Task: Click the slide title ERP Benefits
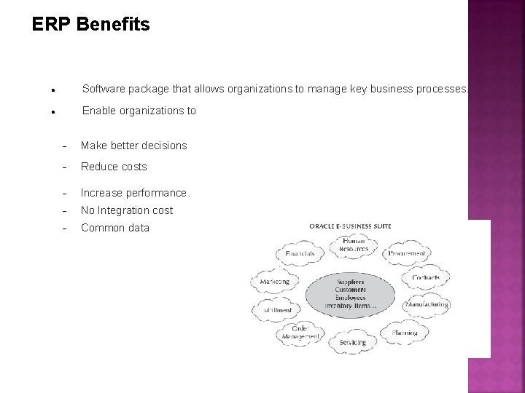[x=91, y=25]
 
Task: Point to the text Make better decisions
[x=134, y=146]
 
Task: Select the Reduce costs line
[x=114, y=167]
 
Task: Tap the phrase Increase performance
[x=136, y=193]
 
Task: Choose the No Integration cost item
[x=127, y=210]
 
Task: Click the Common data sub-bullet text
[x=115, y=228]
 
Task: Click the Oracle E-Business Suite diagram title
[x=351, y=226]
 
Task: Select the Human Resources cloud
[x=354, y=245]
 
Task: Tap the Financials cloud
[x=300, y=253]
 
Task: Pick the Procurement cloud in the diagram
[x=408, y=253]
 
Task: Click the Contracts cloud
[x=425, y=278]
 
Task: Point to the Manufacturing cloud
[x=426, y=305]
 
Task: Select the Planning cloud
[x=405, y=333]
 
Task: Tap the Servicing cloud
[x=352, y=342]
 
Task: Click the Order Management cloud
[x=300, y=333]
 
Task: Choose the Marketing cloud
[x=275, y=281]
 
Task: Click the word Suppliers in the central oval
[x=351, y=282]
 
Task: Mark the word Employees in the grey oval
[x=351, y=298]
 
